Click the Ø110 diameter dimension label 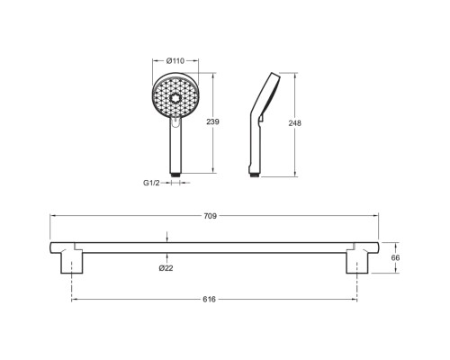click(x=175, y=61)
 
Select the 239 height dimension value click(x=212, y=121)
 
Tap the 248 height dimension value click(x=294, y=123)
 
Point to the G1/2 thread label click(x=151, y=183)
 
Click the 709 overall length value click(x=210, y=216)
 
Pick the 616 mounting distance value click(x=209, y=300)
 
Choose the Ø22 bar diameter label click(x=166, y=268)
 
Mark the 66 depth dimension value click(x=396, y=257)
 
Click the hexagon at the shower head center click(x=175, y=98)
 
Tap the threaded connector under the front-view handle click(x=175, y=175)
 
